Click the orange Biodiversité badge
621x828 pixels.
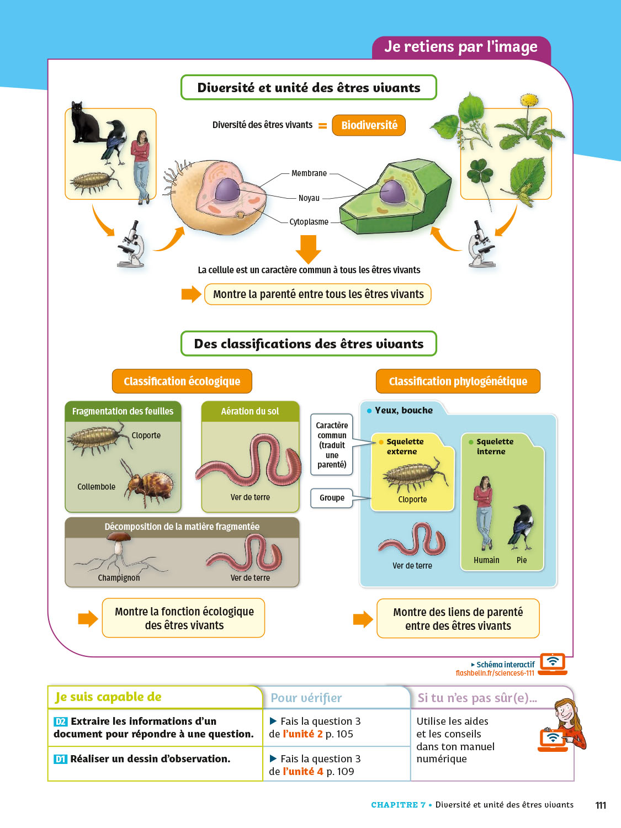[x=369, y=125]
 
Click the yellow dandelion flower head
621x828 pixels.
[x=529, y=100]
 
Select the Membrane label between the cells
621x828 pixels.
[x=309, y=173]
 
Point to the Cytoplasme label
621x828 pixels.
[x=309, y=222]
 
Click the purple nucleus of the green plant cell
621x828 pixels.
[x=392, y=192]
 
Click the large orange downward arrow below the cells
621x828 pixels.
[x=308, y=249]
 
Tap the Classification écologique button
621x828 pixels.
[x=182, y=381]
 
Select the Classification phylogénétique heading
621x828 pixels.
[x=458, y=381]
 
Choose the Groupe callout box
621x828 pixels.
[x=332, y=498]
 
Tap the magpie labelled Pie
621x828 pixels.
[x=521, y=527]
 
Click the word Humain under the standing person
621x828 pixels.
[x=486, y=560]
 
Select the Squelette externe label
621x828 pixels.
[x=405, y=447]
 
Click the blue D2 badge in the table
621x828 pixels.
[x=61, y=721]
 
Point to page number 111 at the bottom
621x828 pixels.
[x=601, y=805]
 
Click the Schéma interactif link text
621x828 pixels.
[x=505, y=665]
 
